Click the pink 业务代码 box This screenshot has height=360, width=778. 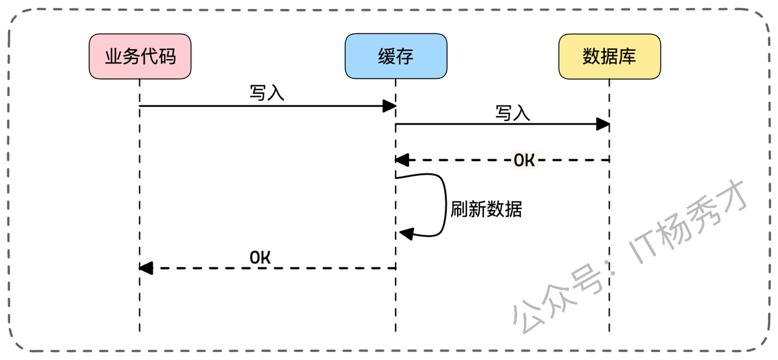(x=140, y=57)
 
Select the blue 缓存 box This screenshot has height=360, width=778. (x=396, y=57)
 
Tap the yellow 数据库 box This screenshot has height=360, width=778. (x=609, y=57)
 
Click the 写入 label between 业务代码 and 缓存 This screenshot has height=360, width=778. (x=267, y=93)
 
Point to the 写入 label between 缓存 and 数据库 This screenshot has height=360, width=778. (x=513, y=112)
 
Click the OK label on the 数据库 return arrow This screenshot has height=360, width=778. (x=524, y=161)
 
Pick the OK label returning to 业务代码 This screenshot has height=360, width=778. (x=260, y=257)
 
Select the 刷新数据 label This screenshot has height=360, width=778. (x=486, y=209)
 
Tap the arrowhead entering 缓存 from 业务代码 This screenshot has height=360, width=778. (x=390, y=106)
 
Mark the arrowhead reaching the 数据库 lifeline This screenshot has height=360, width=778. (x=603, y=125)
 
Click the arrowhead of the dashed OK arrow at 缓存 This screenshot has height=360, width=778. (x=402, y=161)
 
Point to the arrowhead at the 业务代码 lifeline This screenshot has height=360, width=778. (x=146, y=268)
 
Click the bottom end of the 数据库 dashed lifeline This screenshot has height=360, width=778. (x=609, y=331)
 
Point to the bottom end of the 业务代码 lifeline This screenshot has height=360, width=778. (x=140, y=331)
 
